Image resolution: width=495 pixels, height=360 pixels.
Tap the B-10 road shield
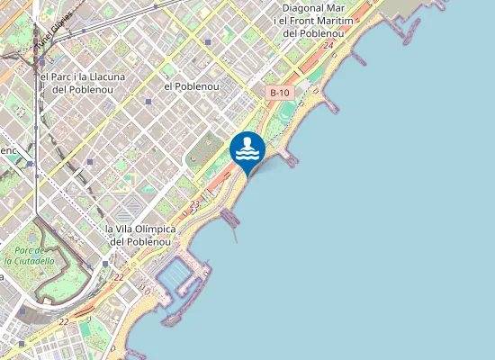tap(280, 93)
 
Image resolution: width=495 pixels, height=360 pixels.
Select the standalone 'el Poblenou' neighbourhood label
tap(192, 85)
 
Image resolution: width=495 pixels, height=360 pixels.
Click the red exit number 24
tap(329, 45)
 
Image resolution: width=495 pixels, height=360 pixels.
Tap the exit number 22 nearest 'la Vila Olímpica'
tap(119, 277)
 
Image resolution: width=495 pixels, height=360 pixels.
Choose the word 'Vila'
tap(128, 229)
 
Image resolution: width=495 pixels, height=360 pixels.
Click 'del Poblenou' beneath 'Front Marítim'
tap(315, 33)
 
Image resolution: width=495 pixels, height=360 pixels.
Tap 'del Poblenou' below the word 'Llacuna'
tap(82, 89)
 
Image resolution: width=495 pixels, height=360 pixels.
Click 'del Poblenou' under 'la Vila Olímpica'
tap(140, 241)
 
